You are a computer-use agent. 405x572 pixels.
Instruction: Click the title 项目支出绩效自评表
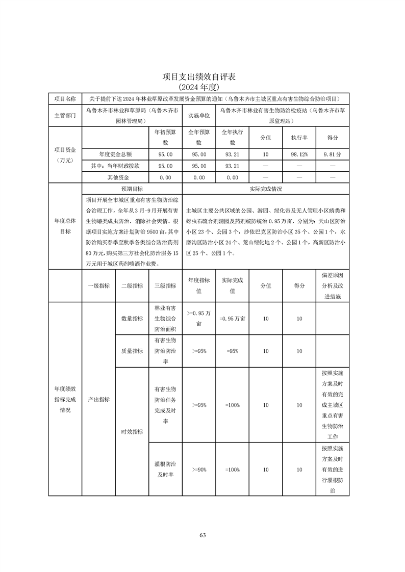pos(202,77)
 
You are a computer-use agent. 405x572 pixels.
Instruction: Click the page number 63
pos(202,535)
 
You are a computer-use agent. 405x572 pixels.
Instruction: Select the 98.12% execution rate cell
pos(299,153)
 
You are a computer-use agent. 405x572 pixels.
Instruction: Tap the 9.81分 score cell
pos(333,153)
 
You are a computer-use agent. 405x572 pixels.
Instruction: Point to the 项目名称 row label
pos(65,99)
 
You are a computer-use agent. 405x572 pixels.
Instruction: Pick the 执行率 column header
pos(299,138)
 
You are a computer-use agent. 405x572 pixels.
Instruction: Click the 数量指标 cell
pos(132,318)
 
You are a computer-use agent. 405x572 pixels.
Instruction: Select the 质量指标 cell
pos(132,351)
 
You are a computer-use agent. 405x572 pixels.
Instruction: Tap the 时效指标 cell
pos(132,431)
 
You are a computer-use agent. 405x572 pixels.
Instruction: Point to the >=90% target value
pos(199,470)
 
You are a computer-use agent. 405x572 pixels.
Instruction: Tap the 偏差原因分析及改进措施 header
pos(333,286)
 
